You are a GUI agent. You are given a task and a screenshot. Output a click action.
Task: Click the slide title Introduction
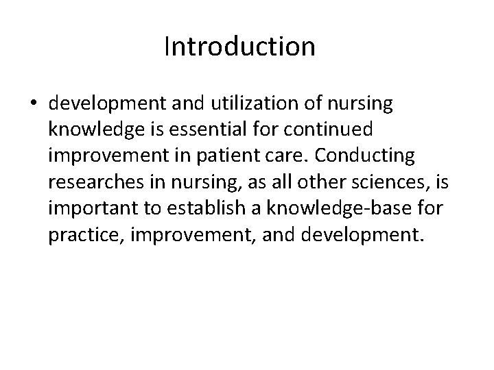(239, 47)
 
